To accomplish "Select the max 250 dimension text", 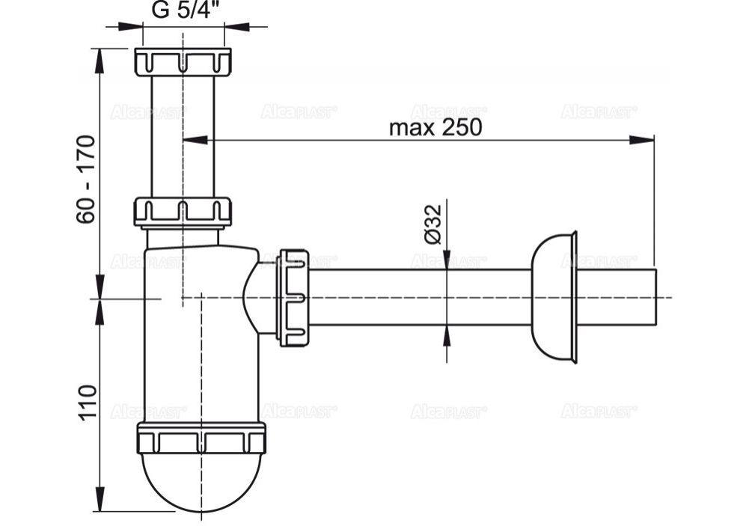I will click(x=435, y=127).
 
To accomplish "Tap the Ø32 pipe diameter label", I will click(x=433, y=224).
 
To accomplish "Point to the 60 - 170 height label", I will click(x=86, y=179).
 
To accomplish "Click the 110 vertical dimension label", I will click(x=87, y=403).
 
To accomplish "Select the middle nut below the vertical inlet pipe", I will click(x=183, y=212).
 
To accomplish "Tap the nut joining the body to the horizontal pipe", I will click(x=293, y=297).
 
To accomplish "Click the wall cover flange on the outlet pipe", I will click(x=554, y=297).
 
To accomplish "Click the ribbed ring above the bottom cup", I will click(x=201, y=438).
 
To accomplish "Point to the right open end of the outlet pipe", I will click(x=655, y=297).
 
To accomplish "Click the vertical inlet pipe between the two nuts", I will click(x=183, y=135).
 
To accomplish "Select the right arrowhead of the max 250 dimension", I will click(x=644, y=139).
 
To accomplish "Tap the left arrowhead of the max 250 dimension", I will click(x=194, y=139).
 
